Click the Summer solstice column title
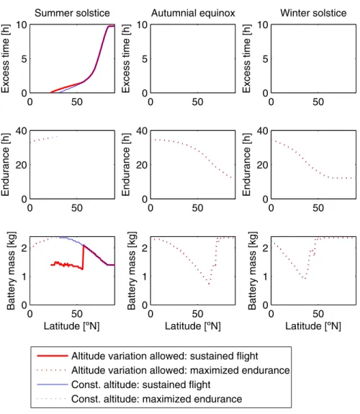pos(72,13)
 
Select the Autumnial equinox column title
pos(193,13)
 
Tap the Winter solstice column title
pos(313,13)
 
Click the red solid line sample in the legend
pos(53,356)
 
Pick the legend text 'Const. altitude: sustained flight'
pos(141,384)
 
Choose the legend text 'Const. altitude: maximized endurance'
pos(157,399)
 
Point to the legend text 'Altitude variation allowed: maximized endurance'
pos(181,370)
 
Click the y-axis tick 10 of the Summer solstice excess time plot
pos(22,24)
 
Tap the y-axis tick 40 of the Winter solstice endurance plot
pos(263,131)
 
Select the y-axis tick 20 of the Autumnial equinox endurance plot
pos(142,165)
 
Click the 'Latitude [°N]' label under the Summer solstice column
pos(71,326)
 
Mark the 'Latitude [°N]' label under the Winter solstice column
pos(313,326)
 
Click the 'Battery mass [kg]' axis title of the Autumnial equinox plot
pos(131,271)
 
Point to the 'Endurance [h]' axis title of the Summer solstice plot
pos(5,164)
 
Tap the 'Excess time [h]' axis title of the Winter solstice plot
pos(246,58)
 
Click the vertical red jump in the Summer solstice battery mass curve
pos(83,257)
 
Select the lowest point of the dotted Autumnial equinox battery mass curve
pos(209,284)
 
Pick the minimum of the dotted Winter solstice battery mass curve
pos(305,279)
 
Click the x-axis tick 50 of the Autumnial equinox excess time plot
pos(197,102)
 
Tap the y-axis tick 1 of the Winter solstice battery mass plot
pos(266,276)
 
